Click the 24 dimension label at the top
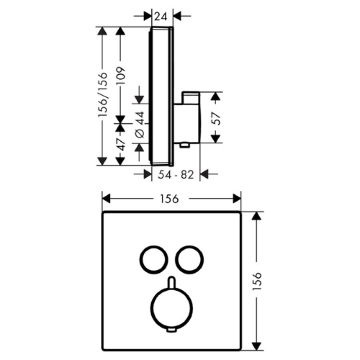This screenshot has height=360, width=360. (161, 16)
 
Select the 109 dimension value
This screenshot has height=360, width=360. (120, 76)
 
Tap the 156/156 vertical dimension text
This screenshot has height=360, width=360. (103, 94)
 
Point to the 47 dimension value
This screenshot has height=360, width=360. (120, 144)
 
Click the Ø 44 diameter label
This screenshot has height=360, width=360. (140, 124)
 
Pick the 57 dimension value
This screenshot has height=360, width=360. (216, 118)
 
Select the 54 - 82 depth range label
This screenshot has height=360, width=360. (176, 175)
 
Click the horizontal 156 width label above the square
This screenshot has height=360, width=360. (170, 199)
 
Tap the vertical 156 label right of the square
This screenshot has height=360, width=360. (257, 281)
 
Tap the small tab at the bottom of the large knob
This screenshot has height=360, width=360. (171, 330)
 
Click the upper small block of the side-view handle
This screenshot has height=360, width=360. (191, 98)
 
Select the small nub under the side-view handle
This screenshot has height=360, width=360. (184, 145)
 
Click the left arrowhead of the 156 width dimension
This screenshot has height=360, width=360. (106, 198)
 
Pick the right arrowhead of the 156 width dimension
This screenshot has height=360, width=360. (237, 198)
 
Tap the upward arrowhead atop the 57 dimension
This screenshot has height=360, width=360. (216, 96)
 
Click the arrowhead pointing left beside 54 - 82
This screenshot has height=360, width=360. (204, 174)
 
